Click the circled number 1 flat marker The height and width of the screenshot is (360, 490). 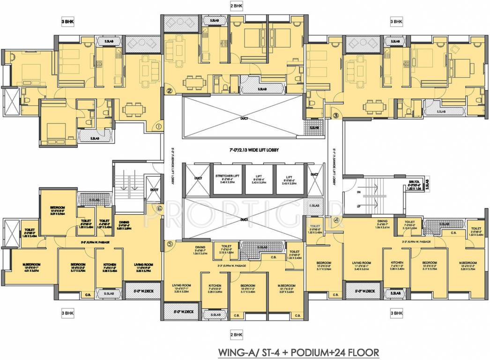[159, 126]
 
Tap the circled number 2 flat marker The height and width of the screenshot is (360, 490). [170, 91]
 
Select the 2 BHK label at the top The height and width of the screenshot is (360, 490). [237, 6]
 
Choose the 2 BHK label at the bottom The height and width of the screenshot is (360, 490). [237, 334]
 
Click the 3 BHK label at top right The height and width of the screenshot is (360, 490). [396, 22]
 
